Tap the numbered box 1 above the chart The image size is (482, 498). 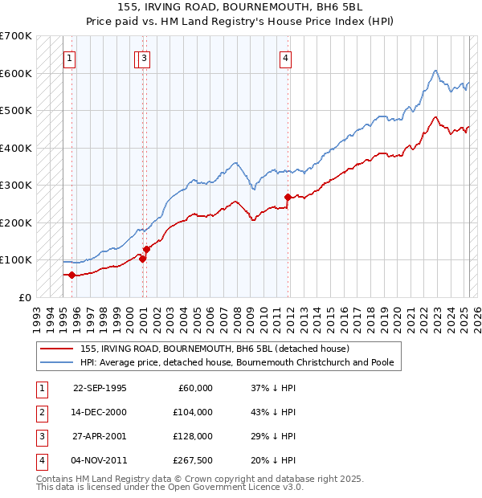69,57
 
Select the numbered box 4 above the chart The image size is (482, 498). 286,57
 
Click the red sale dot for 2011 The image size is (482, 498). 288,197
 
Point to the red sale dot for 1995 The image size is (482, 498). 72,275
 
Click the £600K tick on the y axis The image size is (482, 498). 16,73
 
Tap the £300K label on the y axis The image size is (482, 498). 16,185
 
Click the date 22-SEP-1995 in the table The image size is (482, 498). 100,388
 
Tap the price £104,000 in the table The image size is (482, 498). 193,412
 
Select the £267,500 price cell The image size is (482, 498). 193,460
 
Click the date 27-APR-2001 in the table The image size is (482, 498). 100,436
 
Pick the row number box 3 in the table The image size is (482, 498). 40,436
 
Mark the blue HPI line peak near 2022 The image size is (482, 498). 435,71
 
